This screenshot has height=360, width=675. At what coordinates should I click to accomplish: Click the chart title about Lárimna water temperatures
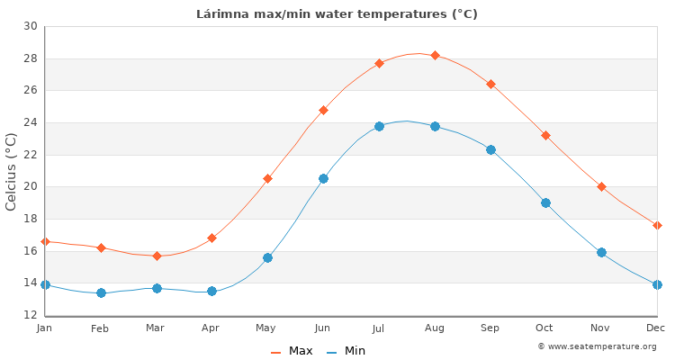point(337,14)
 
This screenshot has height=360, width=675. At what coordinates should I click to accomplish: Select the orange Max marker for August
point(435,56)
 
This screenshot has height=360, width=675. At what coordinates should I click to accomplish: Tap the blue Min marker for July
point(379,127)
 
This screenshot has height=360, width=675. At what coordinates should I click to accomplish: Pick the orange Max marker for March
point(157,256)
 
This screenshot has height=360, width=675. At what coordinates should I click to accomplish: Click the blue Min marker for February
point(101,292)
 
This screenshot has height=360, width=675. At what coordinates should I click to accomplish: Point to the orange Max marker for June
point(323,110)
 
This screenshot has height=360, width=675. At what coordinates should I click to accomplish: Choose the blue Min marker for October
point(545,203)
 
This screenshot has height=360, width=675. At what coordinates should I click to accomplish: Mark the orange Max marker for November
point(601,187)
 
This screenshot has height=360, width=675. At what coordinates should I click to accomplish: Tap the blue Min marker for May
point(267,257)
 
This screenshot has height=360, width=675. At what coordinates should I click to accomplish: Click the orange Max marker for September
point(490,84)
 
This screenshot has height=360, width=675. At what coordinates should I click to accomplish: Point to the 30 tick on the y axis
point(31,27)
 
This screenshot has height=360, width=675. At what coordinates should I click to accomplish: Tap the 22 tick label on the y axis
point(31,155)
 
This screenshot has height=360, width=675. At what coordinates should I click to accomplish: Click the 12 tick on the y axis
point(31,315)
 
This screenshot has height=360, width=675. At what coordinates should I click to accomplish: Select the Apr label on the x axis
point(211,328)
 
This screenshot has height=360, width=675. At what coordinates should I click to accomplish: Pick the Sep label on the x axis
point(490,328)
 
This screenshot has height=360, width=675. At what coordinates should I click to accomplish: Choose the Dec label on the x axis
point(656,328)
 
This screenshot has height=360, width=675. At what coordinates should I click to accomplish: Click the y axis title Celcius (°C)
point(12,171)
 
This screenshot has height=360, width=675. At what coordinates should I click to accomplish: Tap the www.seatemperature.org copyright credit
point(597,346)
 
